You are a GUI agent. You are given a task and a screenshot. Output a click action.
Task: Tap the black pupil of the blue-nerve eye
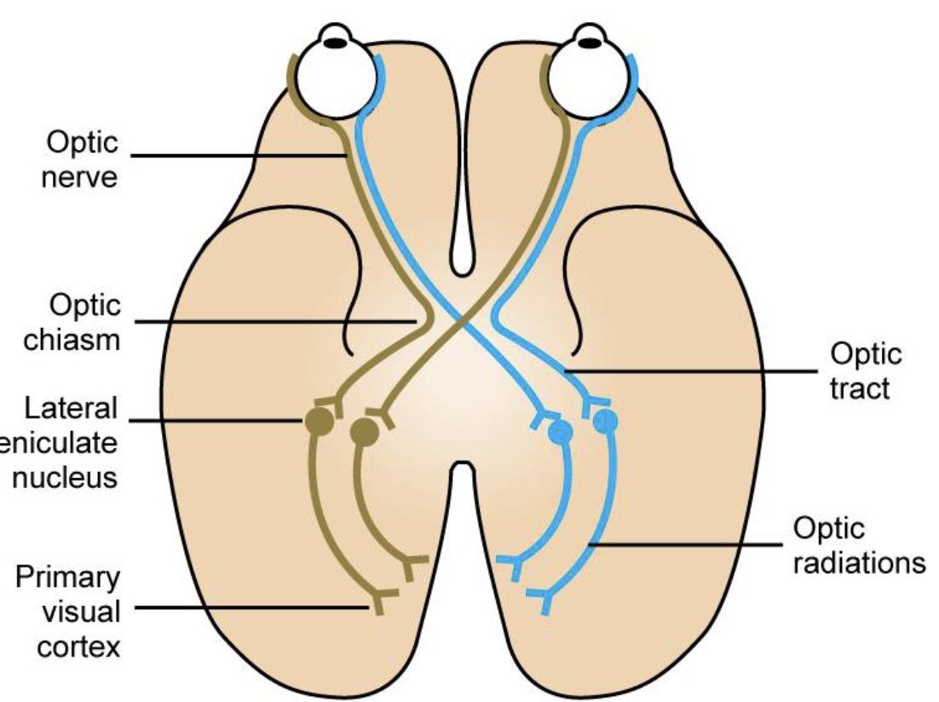(588, 39)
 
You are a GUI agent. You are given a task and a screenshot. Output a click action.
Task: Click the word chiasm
(72, 340)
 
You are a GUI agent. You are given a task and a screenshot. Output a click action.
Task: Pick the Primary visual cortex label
(68, 611)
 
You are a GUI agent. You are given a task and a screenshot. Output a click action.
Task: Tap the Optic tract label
(866, 371)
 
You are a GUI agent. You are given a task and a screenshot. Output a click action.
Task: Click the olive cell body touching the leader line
(319, 421)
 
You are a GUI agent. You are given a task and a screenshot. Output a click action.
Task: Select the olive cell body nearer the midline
(365, 432)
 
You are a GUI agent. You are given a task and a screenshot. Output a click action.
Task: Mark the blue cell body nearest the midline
(560, 432)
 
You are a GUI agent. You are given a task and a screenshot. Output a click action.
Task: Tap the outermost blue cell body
(605, 420)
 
